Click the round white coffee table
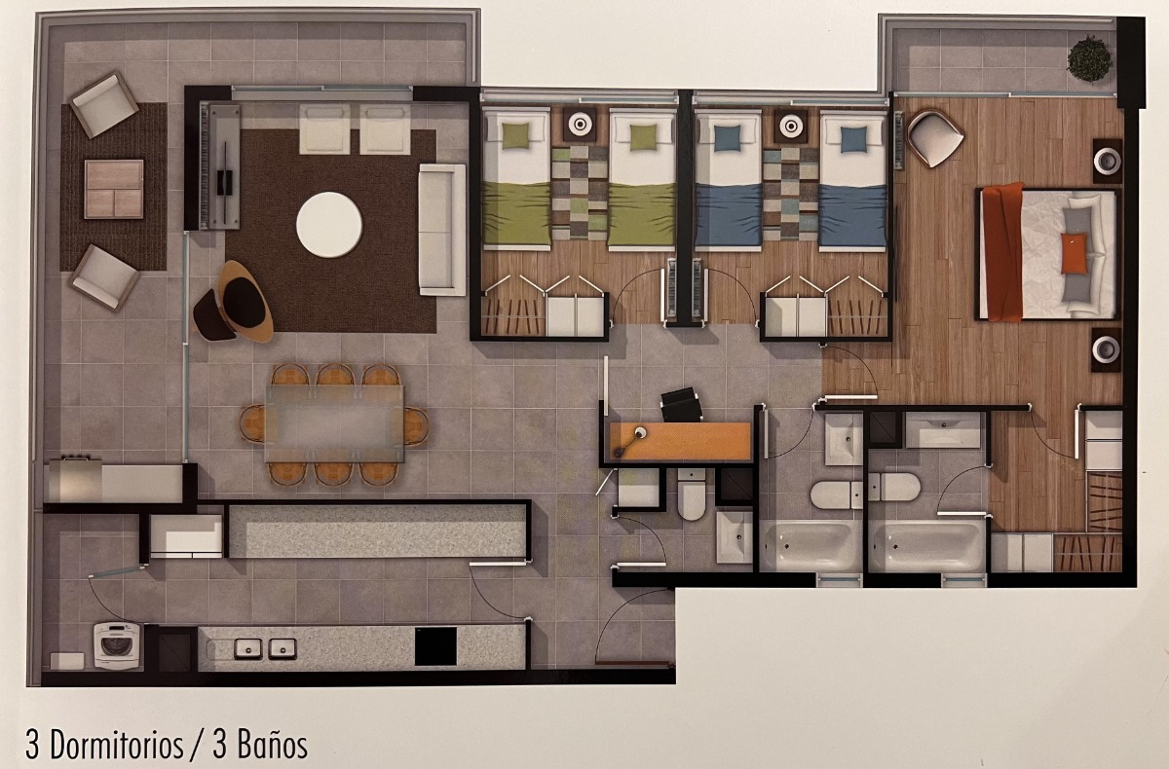[x=329, y=225]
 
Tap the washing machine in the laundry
[x=117, y=644]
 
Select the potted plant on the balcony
[x=1088, y=58]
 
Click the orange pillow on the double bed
[x=1073, y=252]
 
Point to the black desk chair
[x=681, y=404]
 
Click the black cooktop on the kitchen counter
[x=435, y=645]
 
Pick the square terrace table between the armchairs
[x=113, y=189]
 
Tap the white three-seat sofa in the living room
[x=441, y=230]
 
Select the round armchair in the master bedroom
[x=934, y=137]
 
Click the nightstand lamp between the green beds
[x=580, y=125]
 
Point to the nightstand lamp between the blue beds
[x=791, y=125]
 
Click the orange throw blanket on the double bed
[x=1002, y=251]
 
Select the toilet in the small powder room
[x=693, y=494]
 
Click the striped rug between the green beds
[x=580, y=192]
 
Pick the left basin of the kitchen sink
[x=248, y=647]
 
